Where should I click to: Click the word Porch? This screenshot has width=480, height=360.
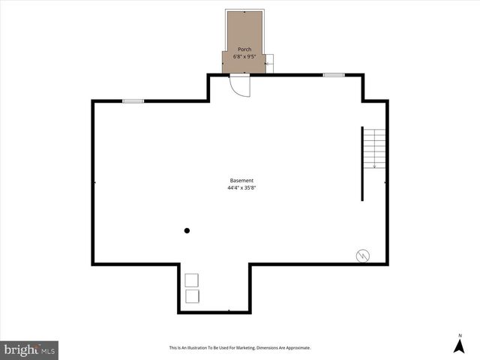pos(244,49)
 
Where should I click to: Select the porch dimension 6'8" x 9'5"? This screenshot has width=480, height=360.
pos(244,56)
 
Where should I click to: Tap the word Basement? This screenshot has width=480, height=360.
pos(241,181)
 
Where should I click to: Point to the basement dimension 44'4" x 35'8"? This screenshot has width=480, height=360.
pos(241,188)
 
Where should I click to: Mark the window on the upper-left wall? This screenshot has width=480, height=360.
pos(133,101)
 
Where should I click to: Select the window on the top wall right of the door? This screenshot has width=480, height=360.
pos(334,75)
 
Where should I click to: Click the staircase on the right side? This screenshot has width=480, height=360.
pos(375,148)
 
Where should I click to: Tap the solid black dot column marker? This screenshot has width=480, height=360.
pos(187,230)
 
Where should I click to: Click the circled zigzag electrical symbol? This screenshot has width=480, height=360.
pos(362,256)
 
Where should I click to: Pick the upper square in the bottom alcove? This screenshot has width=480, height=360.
pos(192,280)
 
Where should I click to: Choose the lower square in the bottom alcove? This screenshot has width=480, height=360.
pos(192,296)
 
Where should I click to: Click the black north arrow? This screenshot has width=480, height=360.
pos(458,346)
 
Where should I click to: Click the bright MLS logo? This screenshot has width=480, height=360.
pos(29,349)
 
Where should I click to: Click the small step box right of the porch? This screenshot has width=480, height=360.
pos(270,64)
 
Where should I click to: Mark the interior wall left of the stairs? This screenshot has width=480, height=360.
pos(363,163)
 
